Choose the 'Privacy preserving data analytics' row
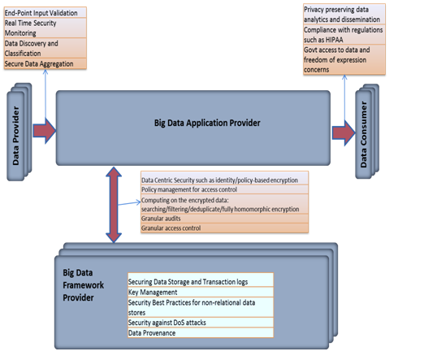coord(344,14)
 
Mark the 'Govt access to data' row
coord(344,61)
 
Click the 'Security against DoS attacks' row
coord(201,323)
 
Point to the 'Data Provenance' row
coord(201,332)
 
